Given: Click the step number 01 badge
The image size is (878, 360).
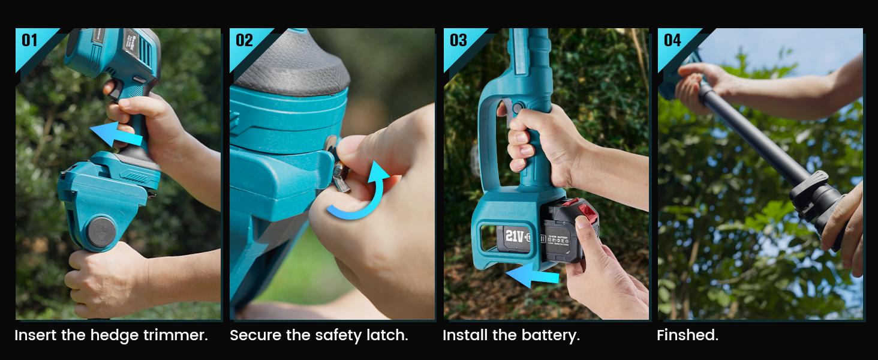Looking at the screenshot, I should coord(29,40).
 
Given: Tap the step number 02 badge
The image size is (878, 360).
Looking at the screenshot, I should coord(244,40).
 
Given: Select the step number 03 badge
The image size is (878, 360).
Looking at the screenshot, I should coord(458,40).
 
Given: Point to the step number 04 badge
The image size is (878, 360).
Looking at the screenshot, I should coord(672,40).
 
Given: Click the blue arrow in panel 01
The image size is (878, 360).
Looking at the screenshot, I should coord(116,136).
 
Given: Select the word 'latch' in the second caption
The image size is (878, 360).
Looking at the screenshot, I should coord(388,335).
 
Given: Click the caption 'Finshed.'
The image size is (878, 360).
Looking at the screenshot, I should coord(687,335).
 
